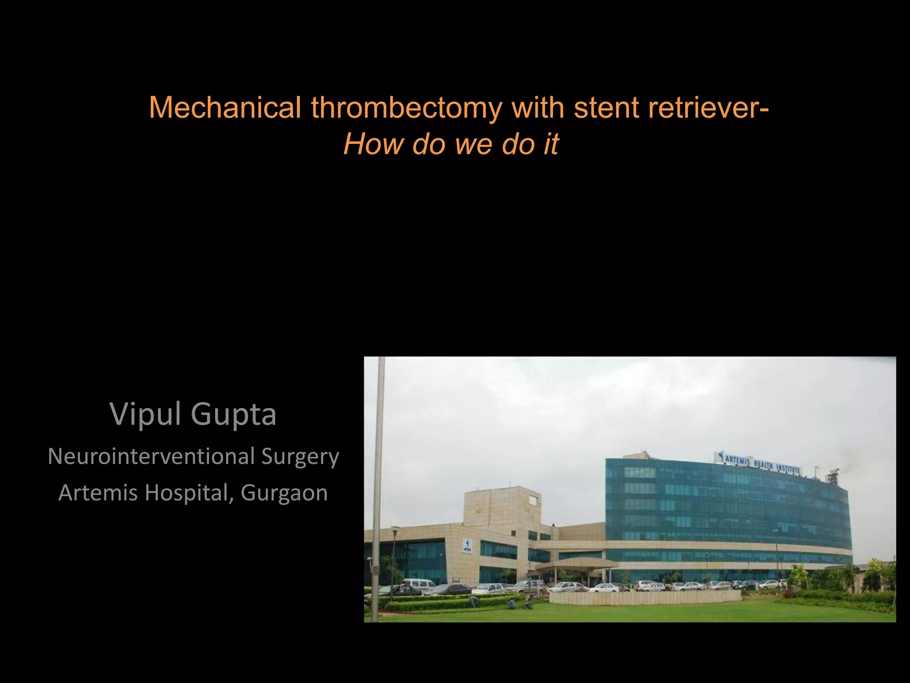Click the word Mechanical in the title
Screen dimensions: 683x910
click(225, 108)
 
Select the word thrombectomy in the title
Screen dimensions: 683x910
click(407, 108)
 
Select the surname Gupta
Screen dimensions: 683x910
click(234, 414)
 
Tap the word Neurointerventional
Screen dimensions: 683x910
click(152, 456)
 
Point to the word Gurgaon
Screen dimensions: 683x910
click(284, 493)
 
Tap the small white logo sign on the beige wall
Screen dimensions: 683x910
click(467, 546)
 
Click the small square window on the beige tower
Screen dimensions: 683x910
click(532, 501)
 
